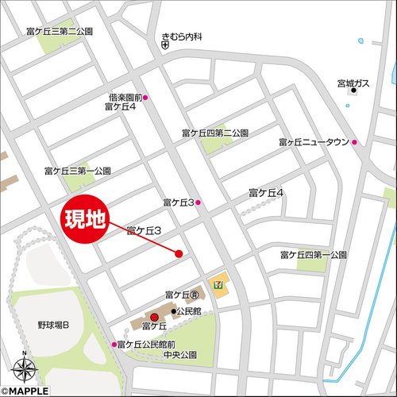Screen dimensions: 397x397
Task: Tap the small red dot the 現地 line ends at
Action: (x=179, y=254)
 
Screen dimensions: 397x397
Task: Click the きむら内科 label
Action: (x=183, y=37)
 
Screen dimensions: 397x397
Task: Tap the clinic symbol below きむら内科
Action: (x=164, y=47)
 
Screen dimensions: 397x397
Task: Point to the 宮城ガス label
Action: (x=353, y=81)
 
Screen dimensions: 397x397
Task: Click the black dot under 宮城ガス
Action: (x=354, y=91)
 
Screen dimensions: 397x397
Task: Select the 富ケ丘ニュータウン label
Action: (x=314, y=142)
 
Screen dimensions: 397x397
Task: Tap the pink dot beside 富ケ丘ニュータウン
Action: (x=355, y=143)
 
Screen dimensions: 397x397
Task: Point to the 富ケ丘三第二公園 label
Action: (x=60, y=31)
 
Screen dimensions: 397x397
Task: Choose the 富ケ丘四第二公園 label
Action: (x=215, y=133)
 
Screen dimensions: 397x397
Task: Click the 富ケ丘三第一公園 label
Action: (x=77, y=171)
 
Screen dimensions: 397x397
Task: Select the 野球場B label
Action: (x=53, y=326)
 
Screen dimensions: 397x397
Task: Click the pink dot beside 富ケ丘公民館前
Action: (x=114, y=345)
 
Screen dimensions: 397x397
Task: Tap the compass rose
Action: (x=24, y=368)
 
